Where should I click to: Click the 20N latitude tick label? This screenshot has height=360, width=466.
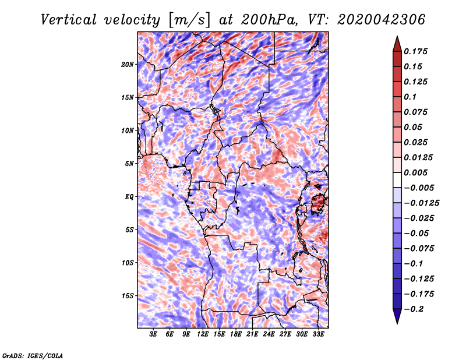[128, 64]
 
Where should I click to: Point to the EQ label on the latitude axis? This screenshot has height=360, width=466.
[129, 197]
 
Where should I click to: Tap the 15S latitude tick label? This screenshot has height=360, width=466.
[128, 296]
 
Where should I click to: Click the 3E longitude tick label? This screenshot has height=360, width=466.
[154, 334]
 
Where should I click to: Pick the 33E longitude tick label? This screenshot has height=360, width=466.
[318, 334]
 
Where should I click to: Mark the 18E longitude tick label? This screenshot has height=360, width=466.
[236, 334]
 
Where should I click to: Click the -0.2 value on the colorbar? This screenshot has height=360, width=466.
[416, 309]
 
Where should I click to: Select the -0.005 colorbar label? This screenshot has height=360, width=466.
[419, 188]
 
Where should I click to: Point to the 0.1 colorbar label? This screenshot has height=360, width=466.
[412, 97]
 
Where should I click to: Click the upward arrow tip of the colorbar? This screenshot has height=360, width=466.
[396, 38]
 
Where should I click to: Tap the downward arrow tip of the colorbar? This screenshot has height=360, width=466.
[396, 322]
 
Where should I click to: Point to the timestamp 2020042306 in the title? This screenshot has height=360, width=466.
[373, 20]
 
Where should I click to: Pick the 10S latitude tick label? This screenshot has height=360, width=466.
[128, 263]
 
